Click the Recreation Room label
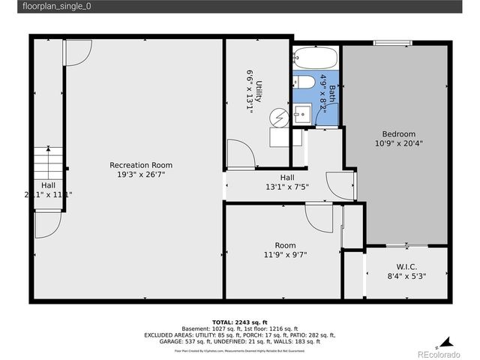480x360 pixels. pos(141,165)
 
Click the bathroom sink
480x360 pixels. pos(302,115)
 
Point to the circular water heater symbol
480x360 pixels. pos(280,118)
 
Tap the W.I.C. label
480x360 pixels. pos(406,267)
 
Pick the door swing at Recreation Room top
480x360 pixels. pos(76,50)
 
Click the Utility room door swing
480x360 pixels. pos(241,154)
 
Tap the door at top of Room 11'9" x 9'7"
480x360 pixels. pos(319,217)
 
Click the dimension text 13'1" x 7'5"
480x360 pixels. pos(289,187)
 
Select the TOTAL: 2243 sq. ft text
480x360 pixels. pos(239,321)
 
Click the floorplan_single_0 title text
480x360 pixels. pos(49,7)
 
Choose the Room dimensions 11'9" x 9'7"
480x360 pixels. pos(284,255)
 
